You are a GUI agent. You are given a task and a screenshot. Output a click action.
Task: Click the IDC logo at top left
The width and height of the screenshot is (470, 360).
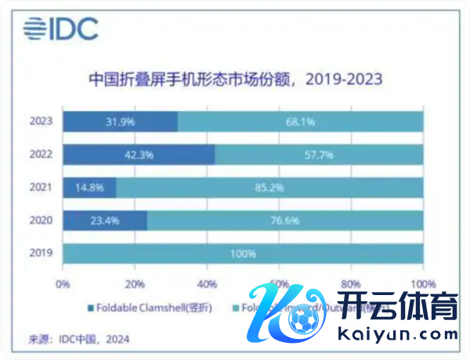tap(60, 29)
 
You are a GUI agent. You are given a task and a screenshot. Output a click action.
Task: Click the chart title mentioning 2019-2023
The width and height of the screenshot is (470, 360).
tap(235, 80)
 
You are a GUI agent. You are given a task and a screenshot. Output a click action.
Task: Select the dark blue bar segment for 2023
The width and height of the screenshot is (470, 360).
tap(120, 121)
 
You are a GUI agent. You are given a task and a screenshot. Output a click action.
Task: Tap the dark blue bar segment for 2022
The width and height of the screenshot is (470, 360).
tap(139, 154)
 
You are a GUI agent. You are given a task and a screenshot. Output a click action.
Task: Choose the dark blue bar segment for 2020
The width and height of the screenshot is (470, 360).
tap(104, 221)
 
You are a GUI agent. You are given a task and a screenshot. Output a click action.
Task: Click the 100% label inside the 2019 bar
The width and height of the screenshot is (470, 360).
tap(242, 254)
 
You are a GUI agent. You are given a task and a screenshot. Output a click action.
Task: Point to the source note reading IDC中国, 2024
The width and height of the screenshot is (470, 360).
tap(79, 339)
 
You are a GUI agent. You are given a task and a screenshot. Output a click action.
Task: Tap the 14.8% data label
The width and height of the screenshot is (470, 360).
tap(88, 188)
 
